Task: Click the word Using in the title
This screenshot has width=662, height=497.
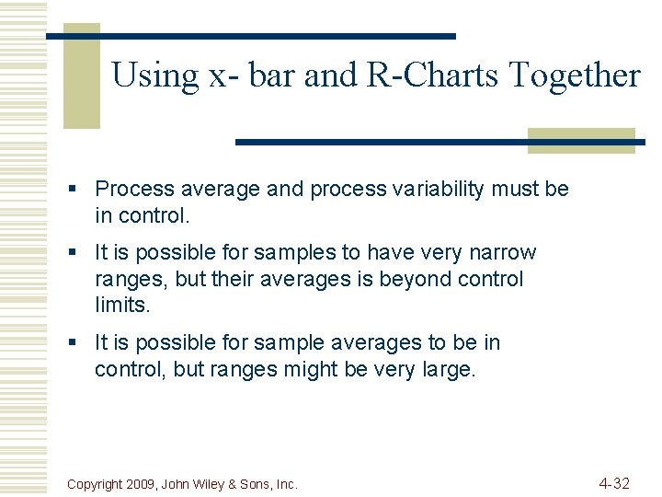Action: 154,75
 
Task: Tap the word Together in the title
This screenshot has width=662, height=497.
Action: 585,75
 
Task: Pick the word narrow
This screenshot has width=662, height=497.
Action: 503,253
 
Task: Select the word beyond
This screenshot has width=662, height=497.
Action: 394,279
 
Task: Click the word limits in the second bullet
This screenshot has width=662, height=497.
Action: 120,305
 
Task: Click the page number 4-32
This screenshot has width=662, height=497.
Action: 614,483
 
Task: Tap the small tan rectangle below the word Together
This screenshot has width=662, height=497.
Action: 581,140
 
